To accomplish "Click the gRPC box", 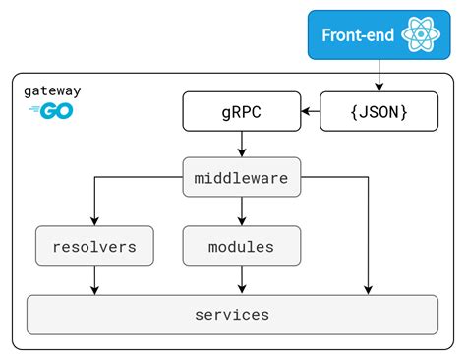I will coord(242,113).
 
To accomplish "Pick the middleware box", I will coord(242,178).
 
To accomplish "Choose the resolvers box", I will coord(94,246).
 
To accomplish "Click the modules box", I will coord(242,246).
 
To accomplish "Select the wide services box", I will coord(232,315).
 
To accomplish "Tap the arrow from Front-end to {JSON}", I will coord(379,77).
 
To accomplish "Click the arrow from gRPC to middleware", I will coord(242,144).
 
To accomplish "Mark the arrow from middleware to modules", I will coord(242,210).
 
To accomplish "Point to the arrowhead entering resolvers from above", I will coord(94,222).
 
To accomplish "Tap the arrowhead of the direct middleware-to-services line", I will coord(369,290).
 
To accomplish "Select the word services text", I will coord(232,315).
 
